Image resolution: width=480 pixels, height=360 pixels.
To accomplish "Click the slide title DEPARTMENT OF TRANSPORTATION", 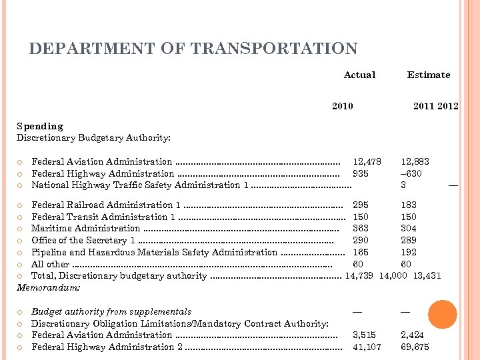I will click(x=193, y=49).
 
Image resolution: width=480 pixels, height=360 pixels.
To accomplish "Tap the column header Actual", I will click(x=359, y=75).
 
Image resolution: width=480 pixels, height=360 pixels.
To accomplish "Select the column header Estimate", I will click(x=429, y=75).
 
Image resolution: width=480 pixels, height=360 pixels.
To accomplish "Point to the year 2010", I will click(x=343, y=106).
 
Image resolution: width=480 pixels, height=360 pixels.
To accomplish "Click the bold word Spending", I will click(x=39, y=126).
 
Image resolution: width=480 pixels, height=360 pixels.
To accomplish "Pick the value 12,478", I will click(x=367, y=161).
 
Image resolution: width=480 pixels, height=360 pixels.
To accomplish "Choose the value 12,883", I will click(x=415, y=161).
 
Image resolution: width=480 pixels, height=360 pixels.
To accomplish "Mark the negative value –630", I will click(x=411, y=173).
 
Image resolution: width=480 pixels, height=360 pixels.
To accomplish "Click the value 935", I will click(x=361, y=173).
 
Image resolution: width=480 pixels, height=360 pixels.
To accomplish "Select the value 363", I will click(x=361, y=229).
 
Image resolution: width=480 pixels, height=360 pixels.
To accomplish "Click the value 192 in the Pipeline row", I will click(x=409, y=252).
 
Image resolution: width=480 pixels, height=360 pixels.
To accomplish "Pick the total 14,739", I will click(x=359, y=275).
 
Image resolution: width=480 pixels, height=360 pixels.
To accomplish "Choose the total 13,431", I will click(x=427, y=275).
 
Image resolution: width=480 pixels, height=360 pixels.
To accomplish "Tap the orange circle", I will click(x=443, y=314).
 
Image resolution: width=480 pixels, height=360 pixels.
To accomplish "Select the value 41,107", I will click(x=367, y=347).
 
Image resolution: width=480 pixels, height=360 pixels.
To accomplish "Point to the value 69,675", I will click(x=415, y=347).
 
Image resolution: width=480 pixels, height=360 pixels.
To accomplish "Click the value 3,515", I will click(x=364, y=335).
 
